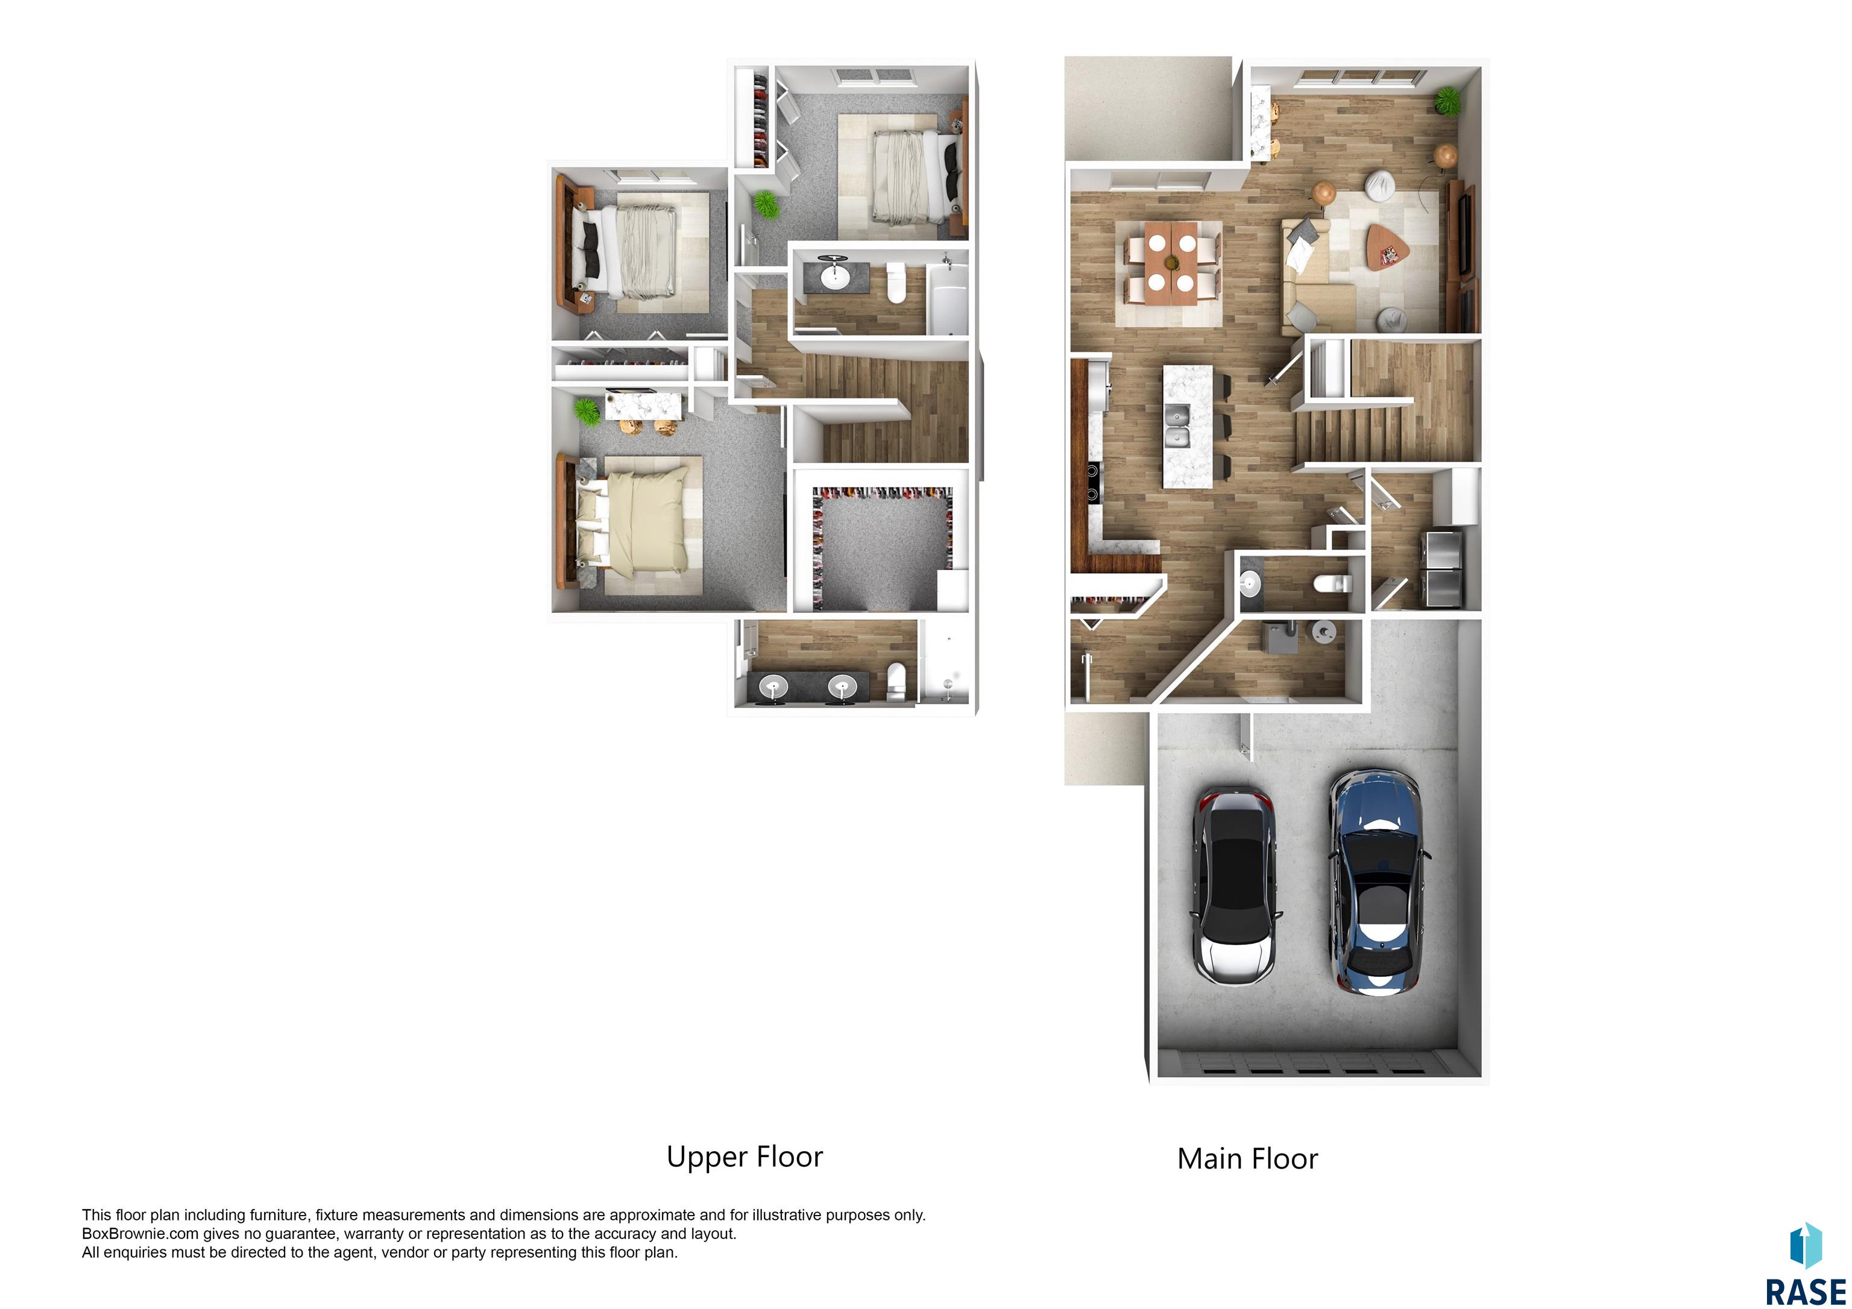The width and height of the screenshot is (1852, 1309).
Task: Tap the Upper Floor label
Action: (x=745, y=1157)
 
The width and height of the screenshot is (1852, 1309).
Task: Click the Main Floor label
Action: (x=1247, y=1159)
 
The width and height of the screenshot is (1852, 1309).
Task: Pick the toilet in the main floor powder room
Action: (x=1327, y=584)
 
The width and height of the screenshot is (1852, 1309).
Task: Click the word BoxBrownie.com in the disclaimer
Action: (x=139, y=1233)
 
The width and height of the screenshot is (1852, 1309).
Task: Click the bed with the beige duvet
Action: (x=641, y=523)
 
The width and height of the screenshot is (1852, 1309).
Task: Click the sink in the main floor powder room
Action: (x=1250, y=582)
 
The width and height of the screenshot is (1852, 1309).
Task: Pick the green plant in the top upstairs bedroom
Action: (x=766, y=204)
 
